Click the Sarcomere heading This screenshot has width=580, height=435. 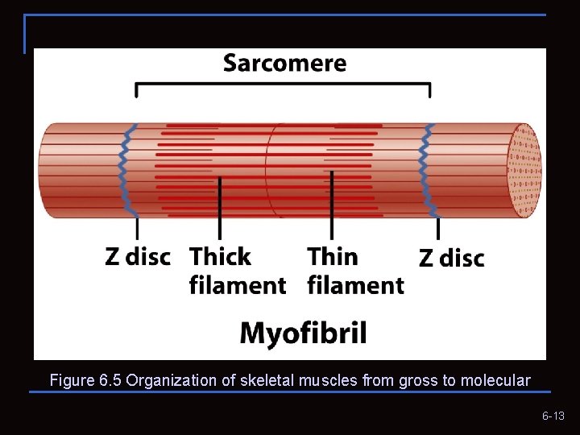point(284,63)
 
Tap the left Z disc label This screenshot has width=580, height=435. point(138,257)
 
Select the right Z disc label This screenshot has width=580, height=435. point(452,258)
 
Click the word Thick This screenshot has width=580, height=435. point(220,257)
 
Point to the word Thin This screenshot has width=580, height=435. point(333,256)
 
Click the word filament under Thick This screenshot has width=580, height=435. point(238,285)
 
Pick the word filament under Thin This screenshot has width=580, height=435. point(355,285)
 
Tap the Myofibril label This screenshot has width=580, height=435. point(303,332)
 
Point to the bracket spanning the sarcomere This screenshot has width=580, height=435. point(283,84)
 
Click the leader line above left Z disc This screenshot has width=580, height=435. point(137,229)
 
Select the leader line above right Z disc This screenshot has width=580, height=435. point(438,229)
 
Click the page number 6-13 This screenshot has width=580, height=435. point(553,416)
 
